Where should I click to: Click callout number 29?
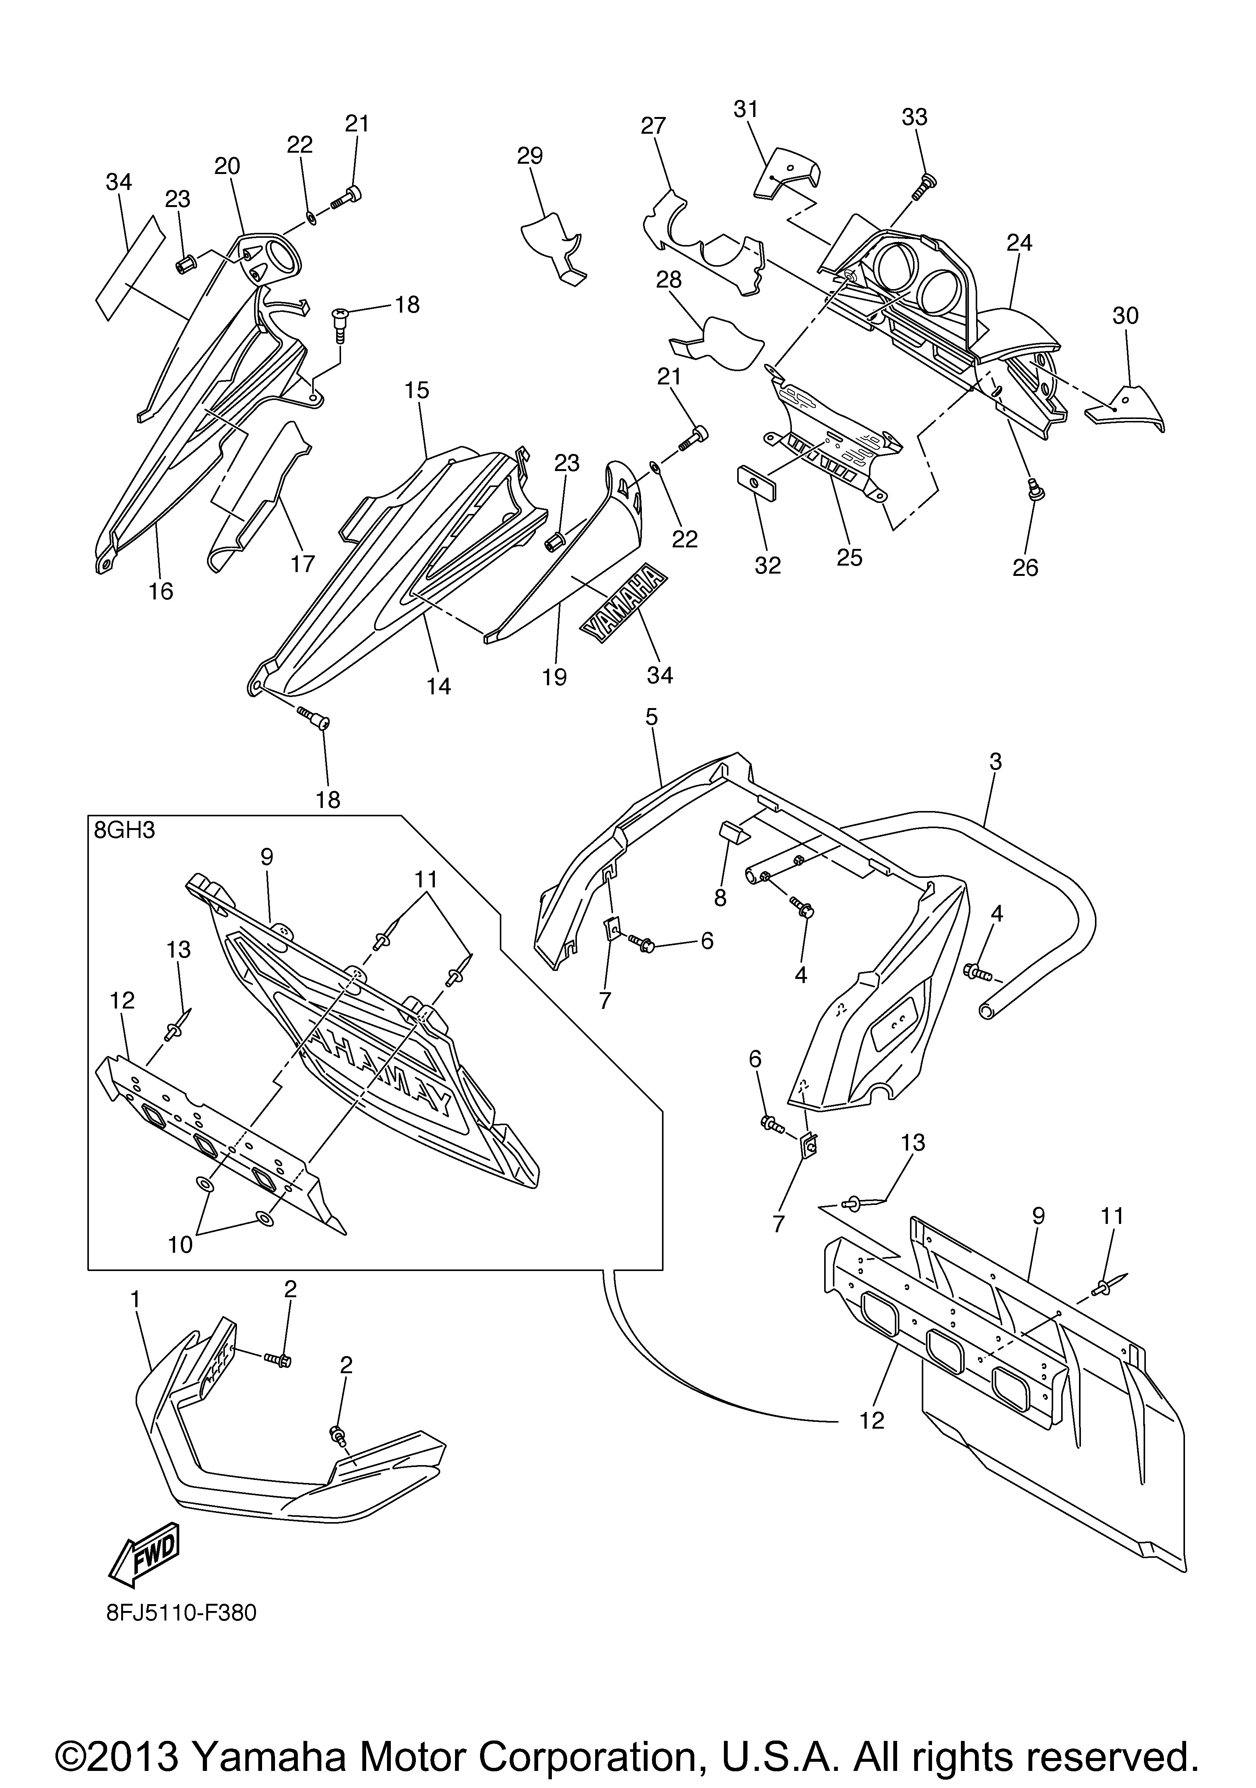pyautogui.click(x=530, y=156)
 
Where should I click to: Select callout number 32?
pyautogui.click(x=768, y=565)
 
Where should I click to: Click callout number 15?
pyautogui.click(x=417, y=390)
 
